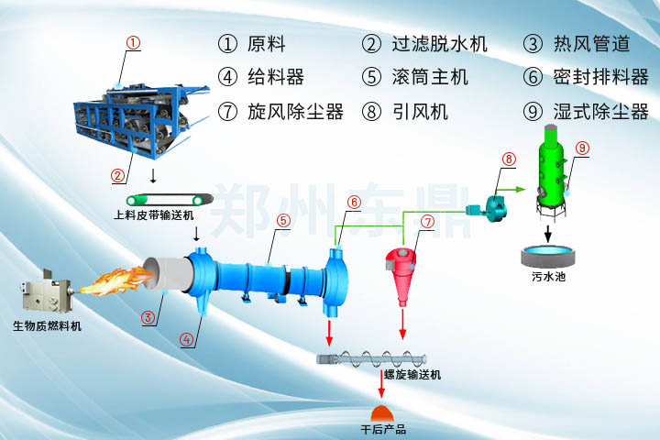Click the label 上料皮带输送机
point(154,216)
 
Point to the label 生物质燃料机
point(46,325)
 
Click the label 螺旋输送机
point(412,376)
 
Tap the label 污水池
point(547,274)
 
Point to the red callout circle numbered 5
point(284,220)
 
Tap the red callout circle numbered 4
point(187,339)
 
